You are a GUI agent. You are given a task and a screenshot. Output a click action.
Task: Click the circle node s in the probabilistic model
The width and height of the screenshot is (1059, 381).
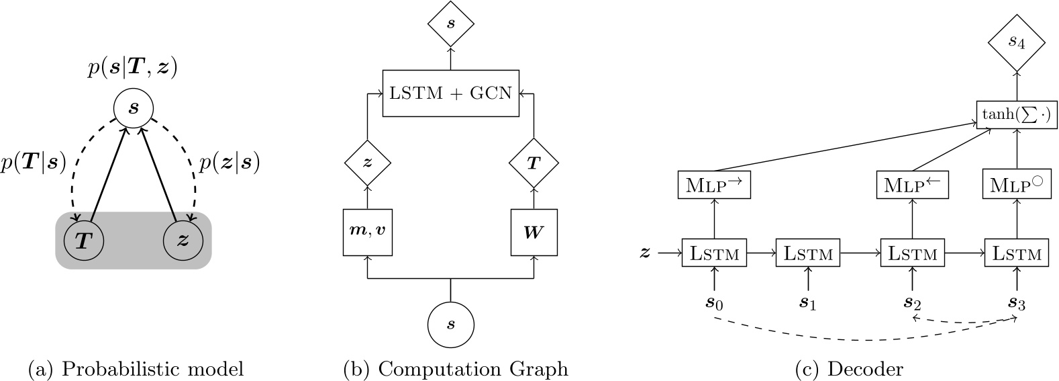pyautogui.click(x=133, y=108)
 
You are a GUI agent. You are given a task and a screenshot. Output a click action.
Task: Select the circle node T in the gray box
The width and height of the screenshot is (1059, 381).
pyautogui.click(x=83, y=241)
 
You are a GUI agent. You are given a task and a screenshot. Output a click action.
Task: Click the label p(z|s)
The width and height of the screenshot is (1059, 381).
pyautogui.click(x=230, y=163)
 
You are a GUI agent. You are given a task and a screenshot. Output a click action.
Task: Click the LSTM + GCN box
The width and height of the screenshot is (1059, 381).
pyautogui.click(x=450, y=93)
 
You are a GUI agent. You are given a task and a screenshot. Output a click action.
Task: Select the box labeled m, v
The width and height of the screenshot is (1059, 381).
pyautogui.click(x=367, y=232)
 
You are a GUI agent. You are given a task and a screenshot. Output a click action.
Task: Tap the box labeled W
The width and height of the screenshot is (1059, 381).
pyautogui.click(x=534, y=232)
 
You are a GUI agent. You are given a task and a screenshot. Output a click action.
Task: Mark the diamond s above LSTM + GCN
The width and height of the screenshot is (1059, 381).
pyautogui.click(x=450, y=24)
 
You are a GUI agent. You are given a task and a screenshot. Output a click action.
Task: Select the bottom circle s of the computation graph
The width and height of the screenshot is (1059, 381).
pyautogui.click(x=450, y=325)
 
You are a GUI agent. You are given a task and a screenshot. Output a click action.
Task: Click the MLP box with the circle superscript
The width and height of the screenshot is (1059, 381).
pyautogui.click(x=1016, y=185)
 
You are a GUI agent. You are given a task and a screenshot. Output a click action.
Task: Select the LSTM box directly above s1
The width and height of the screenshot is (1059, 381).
pyautogui.click(x=808, y=253)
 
